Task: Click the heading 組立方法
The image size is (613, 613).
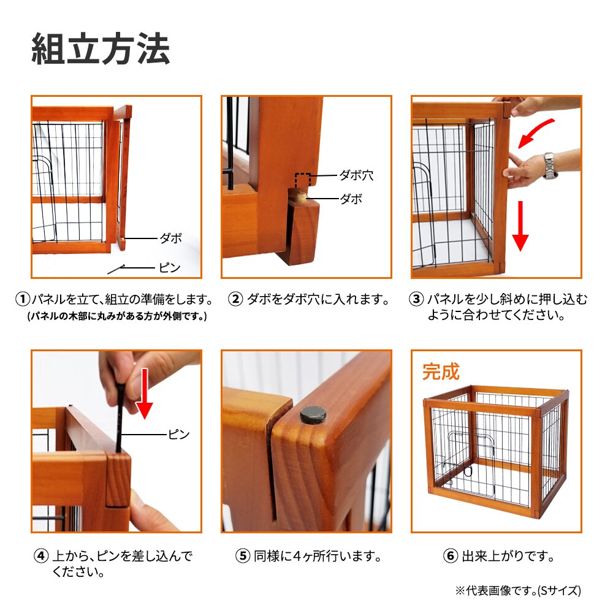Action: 101,50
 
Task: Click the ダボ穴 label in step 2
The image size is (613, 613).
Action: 356,176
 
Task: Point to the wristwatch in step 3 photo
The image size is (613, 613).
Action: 550,166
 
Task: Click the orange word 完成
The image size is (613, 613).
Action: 441,371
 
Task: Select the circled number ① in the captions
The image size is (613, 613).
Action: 23,300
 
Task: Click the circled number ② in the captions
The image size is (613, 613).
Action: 235,300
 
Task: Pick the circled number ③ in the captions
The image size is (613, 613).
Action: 416,300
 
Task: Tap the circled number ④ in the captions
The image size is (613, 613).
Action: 41,557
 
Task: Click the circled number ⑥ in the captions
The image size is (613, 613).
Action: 450,557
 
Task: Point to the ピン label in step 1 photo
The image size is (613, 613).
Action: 170,268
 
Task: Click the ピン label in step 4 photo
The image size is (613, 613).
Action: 179,435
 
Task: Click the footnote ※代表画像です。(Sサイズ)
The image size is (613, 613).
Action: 517,591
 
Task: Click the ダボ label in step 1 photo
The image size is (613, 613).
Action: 170,238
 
